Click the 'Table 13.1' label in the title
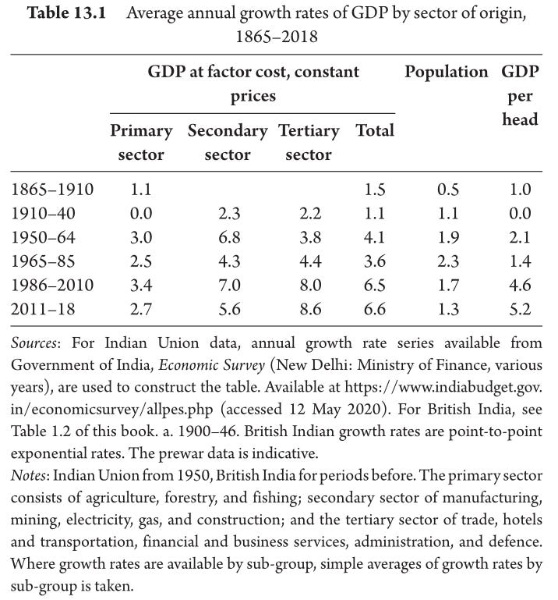pyautogui.click(x=66, y=12)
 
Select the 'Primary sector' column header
pyautogui.click(x=141, y=142)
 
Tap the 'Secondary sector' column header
pyautogui.click(x=228, y=142)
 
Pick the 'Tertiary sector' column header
pyautogui.click(x=309, y=142)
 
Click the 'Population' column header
pyautogui.click(x=447, y=72)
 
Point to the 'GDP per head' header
pyautogui.click(x=520, y=95)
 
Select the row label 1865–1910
pyautogui.click(x=52, y=190)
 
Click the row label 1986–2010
pyautogui.click(x=52, y=285)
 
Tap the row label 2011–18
pyautogui.click(x=43, y=309)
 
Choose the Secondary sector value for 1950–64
pyautogui.click(x=229, y=237)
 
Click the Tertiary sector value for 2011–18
pyautogui.click(x=310, y=309)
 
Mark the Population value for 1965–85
pyautogui.click(x=448, y=261)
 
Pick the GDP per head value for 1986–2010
pyautogui.click(x=520, y=285)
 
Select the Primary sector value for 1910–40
pyautogui.click(x=141, y=214)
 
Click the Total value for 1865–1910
pyautogui.click(x=375, y=190)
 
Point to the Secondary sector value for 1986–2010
pyautogui.click(x=229, y=285)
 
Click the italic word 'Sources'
pyautogui.click(x=34, y=343)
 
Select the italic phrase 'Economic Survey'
pyautogui.click(x=211, y=365)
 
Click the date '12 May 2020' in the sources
pyautogui.click(x=336, y=409)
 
